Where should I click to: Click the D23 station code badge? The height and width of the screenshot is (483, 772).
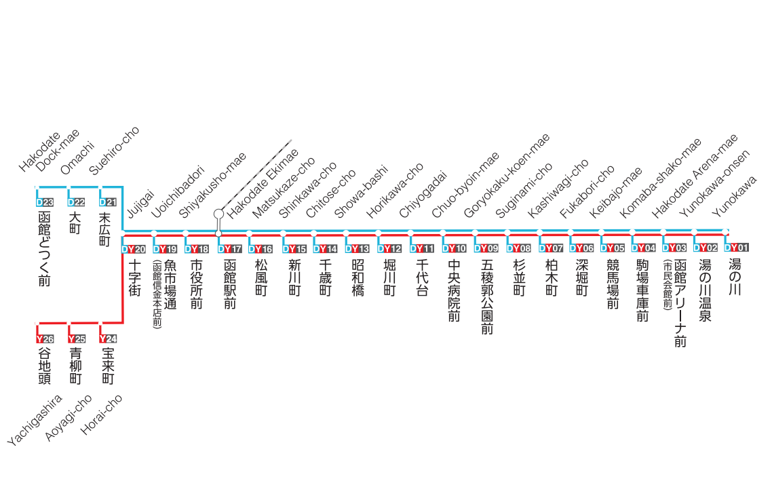pyautogui.click(x=45, y=202)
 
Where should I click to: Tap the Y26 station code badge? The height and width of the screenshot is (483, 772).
pyautogui.click(x=45, y=339)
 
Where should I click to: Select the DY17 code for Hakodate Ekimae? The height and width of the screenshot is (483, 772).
pyautogui.click(x=230, y=249)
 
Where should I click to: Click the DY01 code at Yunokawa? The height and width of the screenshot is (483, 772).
pyautogui.click(x=737, y=248)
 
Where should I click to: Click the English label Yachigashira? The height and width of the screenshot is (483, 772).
pyautogui.click(x=35, y=420)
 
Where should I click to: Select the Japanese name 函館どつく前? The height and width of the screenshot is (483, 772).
pyautogui.click(x=45, y=249)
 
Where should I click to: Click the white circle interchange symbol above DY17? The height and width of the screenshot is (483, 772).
pyautogui.click(x=218, y=214)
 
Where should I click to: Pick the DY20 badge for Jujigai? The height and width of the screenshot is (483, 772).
pyautogui.click(x=134, y=249)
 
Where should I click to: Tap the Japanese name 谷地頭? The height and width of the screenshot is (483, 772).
pyautogui.click(x=45, y=366)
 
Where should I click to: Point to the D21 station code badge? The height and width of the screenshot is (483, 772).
pyautogui.click(x=109, y=202)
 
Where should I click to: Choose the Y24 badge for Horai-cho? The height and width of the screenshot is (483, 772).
pyautogui.click(x=109, y=339)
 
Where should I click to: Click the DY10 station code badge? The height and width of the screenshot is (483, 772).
pyautogui.click(x=455, y=249)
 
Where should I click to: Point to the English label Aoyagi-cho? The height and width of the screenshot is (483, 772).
pyautogui.click(x=69, y=418)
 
